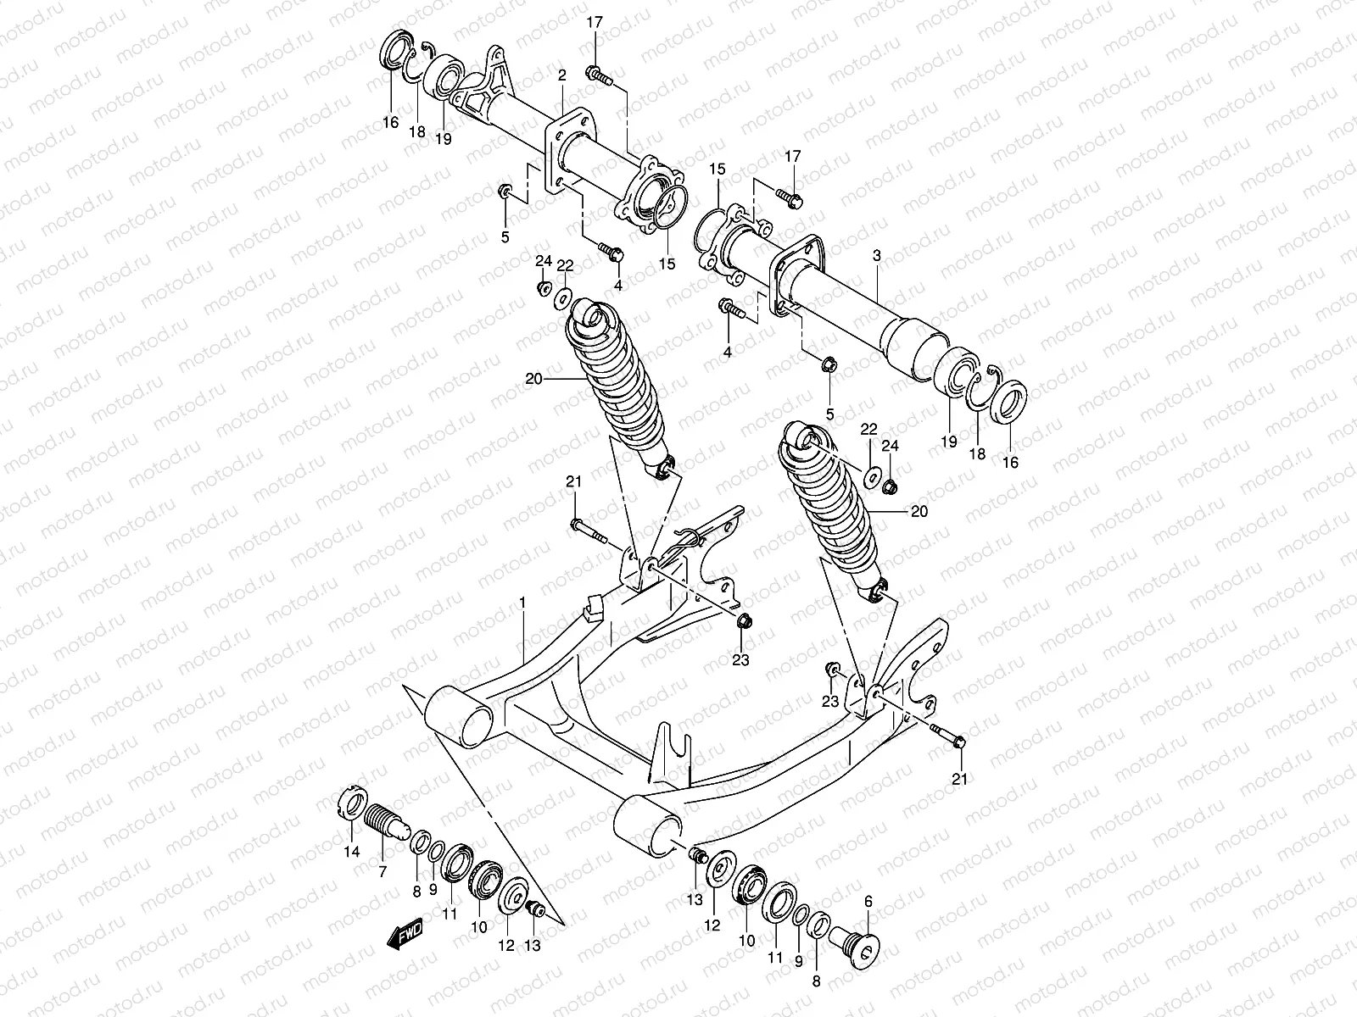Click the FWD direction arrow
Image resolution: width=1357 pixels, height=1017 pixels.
(405, 933)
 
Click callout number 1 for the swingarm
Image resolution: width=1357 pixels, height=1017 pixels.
(523, 603)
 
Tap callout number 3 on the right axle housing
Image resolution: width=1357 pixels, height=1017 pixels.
(876, 255)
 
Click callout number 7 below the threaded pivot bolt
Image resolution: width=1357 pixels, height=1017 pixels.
(383, 871)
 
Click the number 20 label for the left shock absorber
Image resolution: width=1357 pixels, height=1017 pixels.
(533, 380)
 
